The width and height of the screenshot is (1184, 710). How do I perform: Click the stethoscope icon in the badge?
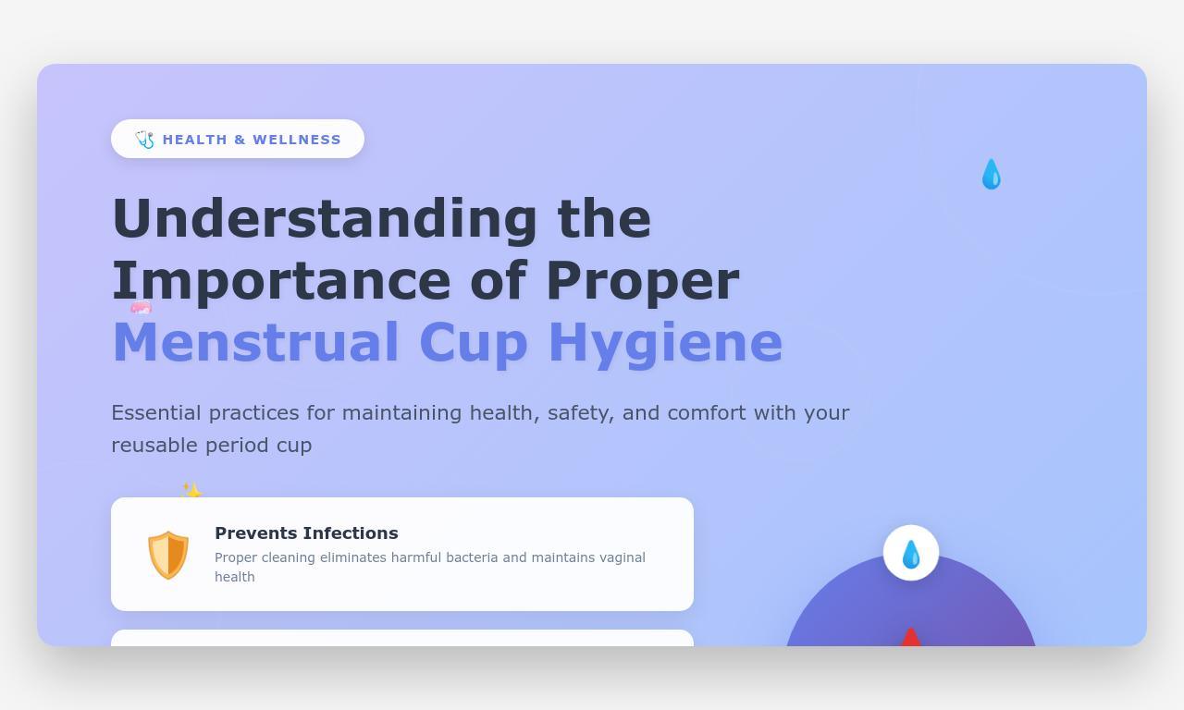144,140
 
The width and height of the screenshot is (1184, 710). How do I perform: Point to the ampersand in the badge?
240,140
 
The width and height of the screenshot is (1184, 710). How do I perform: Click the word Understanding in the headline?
324,219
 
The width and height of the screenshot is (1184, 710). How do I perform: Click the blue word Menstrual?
255,343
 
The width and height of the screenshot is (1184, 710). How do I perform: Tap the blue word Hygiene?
665,343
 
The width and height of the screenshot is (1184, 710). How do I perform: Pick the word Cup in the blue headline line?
473,343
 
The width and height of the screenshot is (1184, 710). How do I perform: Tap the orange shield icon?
168,555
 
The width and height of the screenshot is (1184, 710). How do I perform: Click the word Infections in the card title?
354,533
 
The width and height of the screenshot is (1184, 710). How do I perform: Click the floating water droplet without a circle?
991,174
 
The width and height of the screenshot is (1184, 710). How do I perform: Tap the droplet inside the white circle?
911,554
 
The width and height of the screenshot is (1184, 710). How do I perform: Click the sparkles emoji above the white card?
191,491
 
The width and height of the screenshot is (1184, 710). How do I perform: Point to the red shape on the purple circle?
911,637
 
